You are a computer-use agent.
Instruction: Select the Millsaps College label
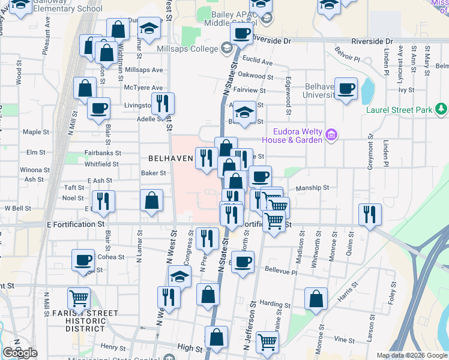188,49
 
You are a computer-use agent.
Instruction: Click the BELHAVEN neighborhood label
170,158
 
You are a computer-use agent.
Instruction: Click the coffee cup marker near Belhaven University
346,89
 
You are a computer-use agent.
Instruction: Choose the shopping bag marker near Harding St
316,298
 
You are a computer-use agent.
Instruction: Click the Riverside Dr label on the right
372,41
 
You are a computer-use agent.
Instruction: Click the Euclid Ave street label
258,63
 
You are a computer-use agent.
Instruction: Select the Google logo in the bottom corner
20,353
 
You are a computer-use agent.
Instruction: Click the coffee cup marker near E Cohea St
83,260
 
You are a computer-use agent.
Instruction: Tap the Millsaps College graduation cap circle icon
227,48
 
